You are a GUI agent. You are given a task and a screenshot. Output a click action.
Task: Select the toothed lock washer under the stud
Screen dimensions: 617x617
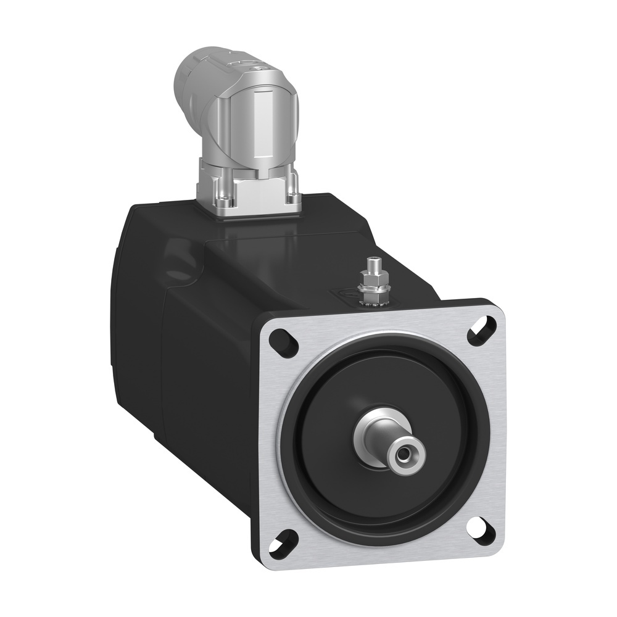point(373,299)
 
